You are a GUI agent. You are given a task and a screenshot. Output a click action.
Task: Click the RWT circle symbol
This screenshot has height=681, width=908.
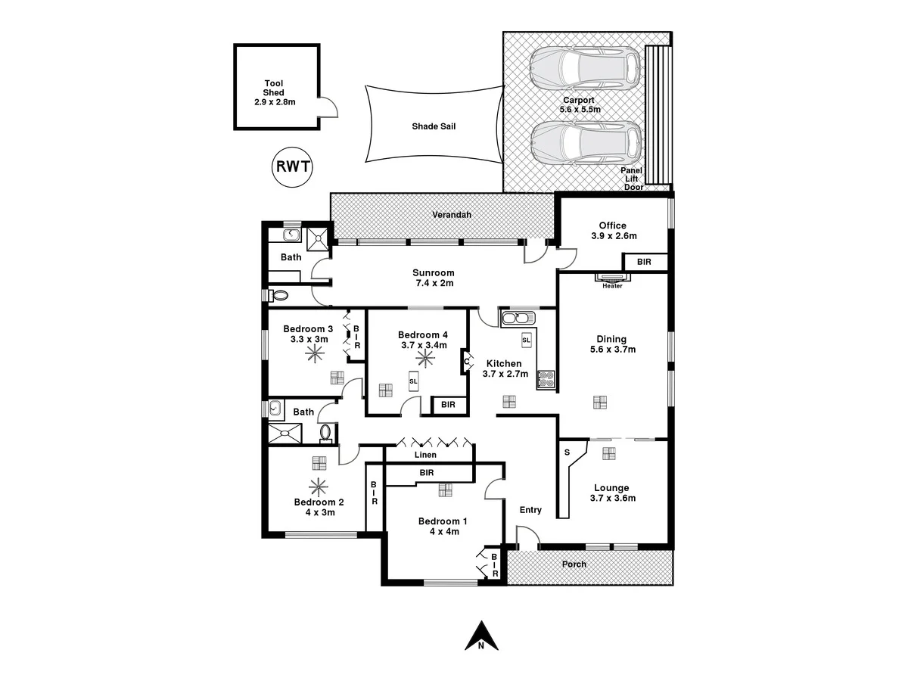[292, 166]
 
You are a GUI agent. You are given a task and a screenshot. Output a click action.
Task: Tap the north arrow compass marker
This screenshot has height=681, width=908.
[480, 636]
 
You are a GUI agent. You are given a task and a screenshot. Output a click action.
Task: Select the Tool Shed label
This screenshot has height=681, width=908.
[274, 92]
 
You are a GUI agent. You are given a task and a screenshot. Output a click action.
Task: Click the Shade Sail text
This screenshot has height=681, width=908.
[434, 126]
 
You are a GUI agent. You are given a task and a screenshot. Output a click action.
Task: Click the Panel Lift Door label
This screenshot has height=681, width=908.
[632, 179]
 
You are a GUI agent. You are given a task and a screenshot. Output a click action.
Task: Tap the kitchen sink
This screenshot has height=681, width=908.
[518, 317]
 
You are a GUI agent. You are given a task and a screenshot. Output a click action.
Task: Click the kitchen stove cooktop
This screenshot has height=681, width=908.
[546, 378]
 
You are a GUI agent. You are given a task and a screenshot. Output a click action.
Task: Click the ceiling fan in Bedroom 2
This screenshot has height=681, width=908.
[318, 487]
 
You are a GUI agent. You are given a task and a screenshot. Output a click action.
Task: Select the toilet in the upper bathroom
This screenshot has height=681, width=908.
[278, 295]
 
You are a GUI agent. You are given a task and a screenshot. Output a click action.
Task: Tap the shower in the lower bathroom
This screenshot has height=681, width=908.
[285, 434]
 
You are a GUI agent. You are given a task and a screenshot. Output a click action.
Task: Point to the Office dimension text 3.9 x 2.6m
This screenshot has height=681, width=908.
[614, 236]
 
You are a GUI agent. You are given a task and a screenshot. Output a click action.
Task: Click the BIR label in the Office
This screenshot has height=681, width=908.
[645, 263]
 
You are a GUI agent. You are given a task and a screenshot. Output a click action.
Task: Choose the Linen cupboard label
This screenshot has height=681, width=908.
[424, 456]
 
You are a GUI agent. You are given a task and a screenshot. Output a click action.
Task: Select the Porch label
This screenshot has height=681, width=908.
[574, 564]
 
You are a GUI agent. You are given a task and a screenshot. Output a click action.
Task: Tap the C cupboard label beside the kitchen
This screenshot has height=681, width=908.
[466, 363]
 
